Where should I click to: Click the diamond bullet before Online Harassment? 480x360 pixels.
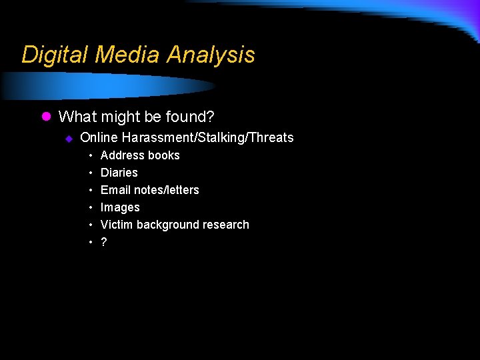[68, 138]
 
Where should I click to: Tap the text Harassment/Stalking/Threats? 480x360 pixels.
[207, 138]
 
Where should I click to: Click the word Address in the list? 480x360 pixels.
[121, 155]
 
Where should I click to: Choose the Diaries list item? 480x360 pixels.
[119, 173]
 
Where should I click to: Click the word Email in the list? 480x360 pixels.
[115, 190]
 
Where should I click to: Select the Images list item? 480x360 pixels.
[120, 207]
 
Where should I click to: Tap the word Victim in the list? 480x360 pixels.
[117, 225]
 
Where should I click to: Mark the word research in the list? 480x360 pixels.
[226, 225]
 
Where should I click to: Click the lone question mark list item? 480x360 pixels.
[103, 242]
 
